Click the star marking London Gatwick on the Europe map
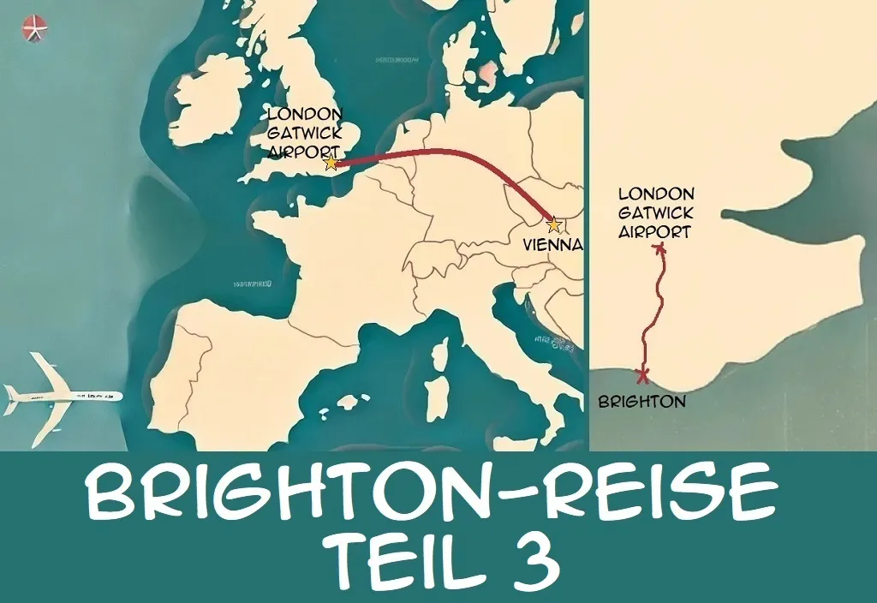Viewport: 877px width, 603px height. (x=331, y=163)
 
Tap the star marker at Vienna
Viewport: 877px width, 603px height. (x=554, y=225)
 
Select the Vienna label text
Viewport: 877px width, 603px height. (x=552, y=244)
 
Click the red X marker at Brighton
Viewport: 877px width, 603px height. (x=642, y=375)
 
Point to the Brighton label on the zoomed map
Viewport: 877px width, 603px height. (x=641, y=401)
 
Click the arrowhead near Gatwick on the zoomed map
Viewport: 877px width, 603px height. (x=659, y=248)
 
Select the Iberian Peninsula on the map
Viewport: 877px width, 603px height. (x=231, y=368)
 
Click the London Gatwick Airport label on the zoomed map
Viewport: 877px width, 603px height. (x=655, y=212)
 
